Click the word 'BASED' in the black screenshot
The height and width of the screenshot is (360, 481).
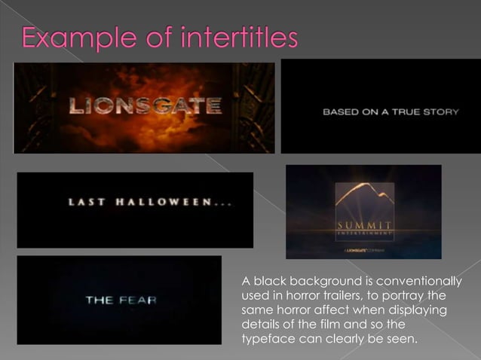pyautogui.click(x=339, y=112)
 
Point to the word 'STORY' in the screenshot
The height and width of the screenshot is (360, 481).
pyautogui.click(x=443, y=112)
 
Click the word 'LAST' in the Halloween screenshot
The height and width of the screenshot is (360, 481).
pyautogui.click(x=83, y=202)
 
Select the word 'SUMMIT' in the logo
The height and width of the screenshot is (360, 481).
pyautogui.click(x=363, y=225)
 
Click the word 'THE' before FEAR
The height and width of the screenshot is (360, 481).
pyautogui.click(x=100, y=301)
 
